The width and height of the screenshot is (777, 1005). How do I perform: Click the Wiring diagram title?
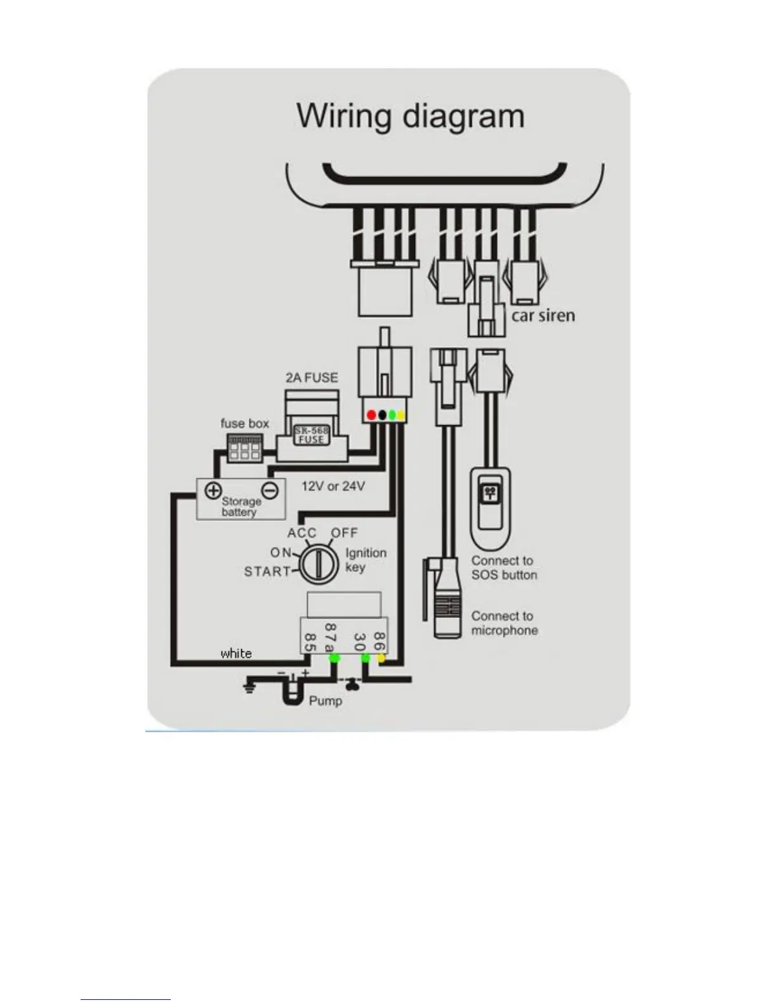coord(411,117)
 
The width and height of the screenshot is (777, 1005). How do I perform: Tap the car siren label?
coord(543,315)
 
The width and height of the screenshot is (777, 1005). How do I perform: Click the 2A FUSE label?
coord(311,378)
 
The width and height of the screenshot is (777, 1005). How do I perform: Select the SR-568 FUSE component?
coord(311,435)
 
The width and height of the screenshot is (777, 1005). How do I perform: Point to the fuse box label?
coord(244,423)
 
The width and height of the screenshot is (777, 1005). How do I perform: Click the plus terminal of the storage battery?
coord(213,490)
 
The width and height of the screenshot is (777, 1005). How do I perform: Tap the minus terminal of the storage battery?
coord(271,490)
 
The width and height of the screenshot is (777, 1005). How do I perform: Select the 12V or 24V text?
coord(333,486)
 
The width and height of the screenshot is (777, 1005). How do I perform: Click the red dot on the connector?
coord(372,415)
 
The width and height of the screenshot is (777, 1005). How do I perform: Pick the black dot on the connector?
coord(382,415)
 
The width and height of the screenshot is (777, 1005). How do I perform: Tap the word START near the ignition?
coord(267,572)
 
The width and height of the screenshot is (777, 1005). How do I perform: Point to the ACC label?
coord(302,533)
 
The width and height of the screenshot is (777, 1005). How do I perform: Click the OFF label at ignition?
coord(345,533)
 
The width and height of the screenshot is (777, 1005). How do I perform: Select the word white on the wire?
coord(236,654)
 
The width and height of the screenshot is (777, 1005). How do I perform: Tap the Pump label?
coord(325,701)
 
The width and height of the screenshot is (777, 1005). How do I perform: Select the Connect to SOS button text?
coord(503,568)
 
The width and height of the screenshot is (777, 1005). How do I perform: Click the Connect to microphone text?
coord(504,623)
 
